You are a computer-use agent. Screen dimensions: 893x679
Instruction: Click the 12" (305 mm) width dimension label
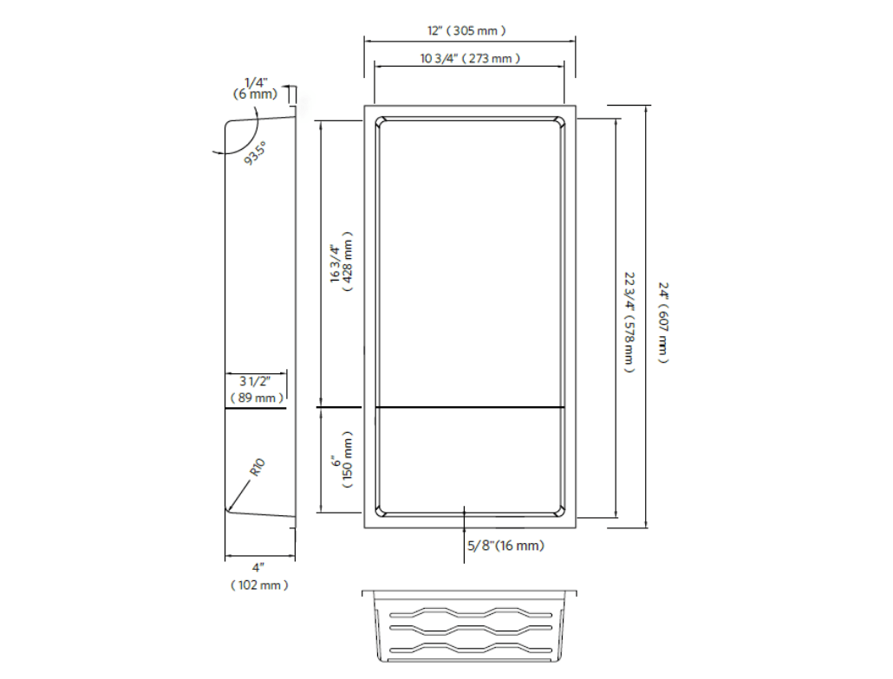(x=466, y=30)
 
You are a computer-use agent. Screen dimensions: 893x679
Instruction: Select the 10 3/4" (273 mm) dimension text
(x=470, y=59)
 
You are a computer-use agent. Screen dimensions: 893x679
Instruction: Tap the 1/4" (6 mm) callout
(x=256, y=89)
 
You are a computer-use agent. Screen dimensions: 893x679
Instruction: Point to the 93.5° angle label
(x=255, y=153)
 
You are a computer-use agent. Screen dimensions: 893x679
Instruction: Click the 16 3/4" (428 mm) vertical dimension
(x=342, y=262)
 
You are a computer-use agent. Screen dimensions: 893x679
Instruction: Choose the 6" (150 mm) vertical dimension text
(x=342, y=460)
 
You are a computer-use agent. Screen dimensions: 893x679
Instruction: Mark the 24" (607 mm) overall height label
(x=663, y=322)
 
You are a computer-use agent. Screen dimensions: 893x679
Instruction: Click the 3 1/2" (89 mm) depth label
(x=257, y=390)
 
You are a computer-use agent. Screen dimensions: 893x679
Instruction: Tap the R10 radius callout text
(x=257, y=468)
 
